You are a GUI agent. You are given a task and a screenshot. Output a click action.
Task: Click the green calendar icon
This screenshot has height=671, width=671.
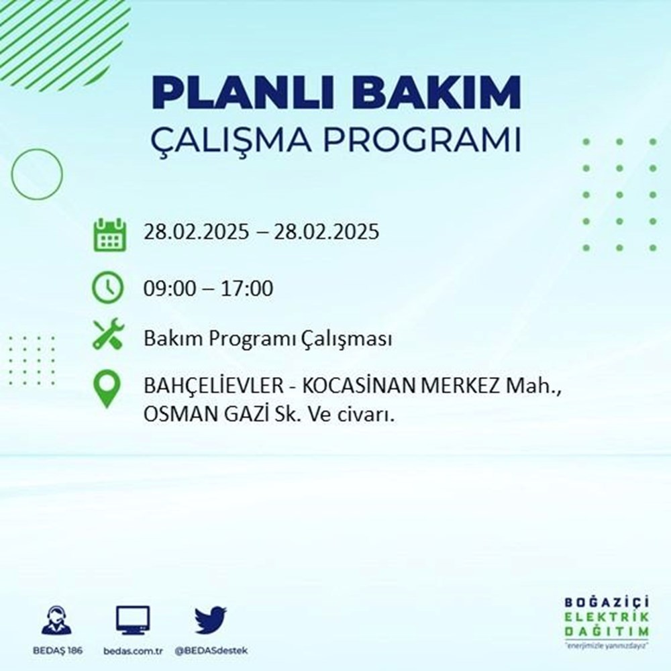(x=109, y=234)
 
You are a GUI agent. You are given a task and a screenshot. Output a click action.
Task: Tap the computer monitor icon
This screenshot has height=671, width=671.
(x=133, y=620)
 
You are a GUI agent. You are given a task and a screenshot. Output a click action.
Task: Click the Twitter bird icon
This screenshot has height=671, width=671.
(x=211, y=620)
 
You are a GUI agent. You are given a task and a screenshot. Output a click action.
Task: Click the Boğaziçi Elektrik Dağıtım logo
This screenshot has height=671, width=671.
(x=607, y=621)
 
